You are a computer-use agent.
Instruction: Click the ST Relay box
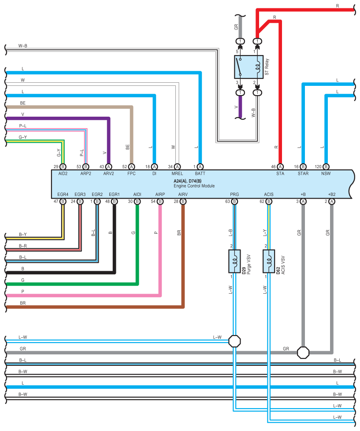click(249, 67)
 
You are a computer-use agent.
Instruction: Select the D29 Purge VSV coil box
click(234, 261)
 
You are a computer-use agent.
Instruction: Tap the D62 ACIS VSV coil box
click(269, 261)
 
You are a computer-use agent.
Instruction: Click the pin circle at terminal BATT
click(200, 166)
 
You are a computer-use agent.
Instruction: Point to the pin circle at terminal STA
click(280, 166)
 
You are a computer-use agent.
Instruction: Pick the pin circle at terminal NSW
click(326, 166)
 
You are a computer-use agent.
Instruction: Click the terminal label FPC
click(131, 173)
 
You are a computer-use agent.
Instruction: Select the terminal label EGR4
click(63, 194)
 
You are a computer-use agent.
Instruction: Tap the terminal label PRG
click(234, 194)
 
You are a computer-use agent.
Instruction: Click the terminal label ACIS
click(269, 194)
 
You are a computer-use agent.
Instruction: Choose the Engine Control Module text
click(194, 186)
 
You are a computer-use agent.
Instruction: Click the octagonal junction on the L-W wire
click(234, 341)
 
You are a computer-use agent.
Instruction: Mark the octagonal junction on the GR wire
click(303, 352)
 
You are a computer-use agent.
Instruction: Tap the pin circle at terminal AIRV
click(183, 202)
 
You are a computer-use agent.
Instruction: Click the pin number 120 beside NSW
click(318, 166)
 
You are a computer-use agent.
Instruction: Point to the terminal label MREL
click(177, 173)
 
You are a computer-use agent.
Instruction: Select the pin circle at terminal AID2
click(63, 166)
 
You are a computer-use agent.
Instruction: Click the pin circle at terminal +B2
click(332, 202)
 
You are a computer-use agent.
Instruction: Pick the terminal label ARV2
click(109, 173)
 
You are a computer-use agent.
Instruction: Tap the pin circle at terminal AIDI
click(137, 202)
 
